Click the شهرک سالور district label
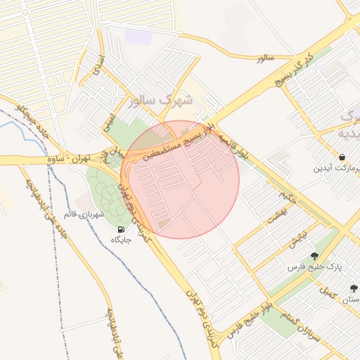click(160, 100)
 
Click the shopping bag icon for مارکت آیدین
click(341, 157)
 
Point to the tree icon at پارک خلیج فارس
click(314, 256)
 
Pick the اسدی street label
click(98, 66)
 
